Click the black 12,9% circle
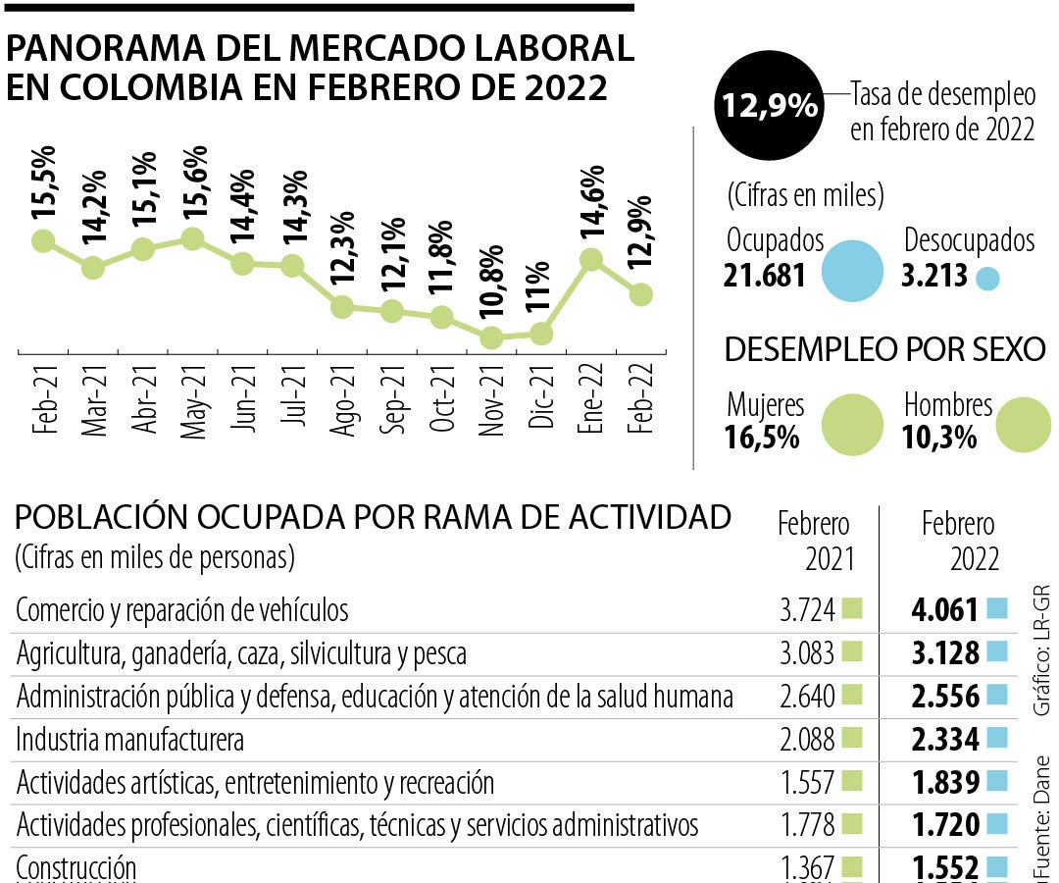pos(769,106)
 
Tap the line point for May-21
pos(192,238)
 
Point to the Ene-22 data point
pos(590,259)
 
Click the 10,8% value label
pos(492,285)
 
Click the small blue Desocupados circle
pos(987,278)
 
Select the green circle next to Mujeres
pos(852,424)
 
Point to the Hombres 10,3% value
pos(939,438)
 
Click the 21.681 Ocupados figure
pos(765,276)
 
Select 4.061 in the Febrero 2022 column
pos(945,610)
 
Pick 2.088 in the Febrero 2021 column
pos(807,739)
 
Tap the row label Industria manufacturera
pos(130,739)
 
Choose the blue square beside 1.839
pos(997,781)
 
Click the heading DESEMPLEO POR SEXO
pos(883,348)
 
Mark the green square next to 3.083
pos(851,651)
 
